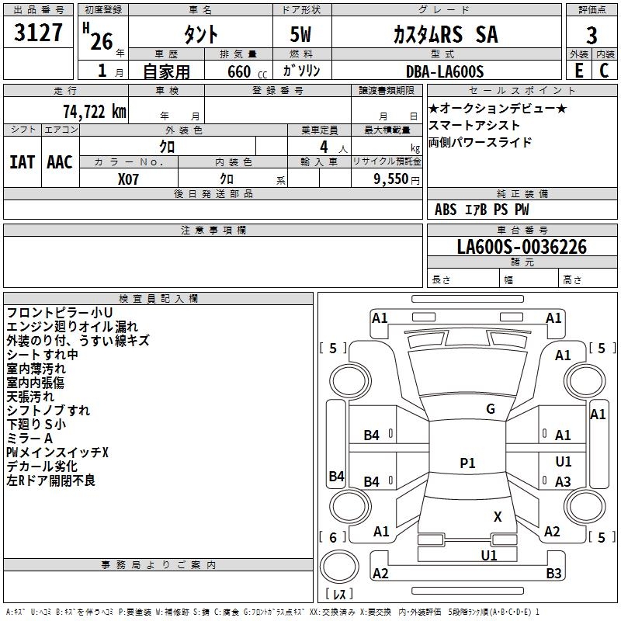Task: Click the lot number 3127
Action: [38, 33]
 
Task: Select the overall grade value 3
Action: [592, 36]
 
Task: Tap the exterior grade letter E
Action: [579, 71]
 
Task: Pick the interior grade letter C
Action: [604, 71]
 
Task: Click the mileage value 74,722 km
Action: [95, 112]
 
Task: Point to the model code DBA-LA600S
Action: [445, 71]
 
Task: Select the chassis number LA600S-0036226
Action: [522, 247]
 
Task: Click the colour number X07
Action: [128, 179]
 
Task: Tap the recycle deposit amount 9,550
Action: [390, 179]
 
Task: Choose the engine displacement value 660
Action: [239, 72]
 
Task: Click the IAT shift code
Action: [22, 162]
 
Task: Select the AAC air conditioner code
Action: [60, 162]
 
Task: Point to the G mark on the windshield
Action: [491, 409]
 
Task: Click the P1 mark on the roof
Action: [467, 463]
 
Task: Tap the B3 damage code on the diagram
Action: [553, 573]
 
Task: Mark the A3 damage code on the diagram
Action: [563, 481]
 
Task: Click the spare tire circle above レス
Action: [339, 566]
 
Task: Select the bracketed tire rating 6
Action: [333, 537]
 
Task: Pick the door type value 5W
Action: [300, 34]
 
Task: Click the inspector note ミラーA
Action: [29, 439]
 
